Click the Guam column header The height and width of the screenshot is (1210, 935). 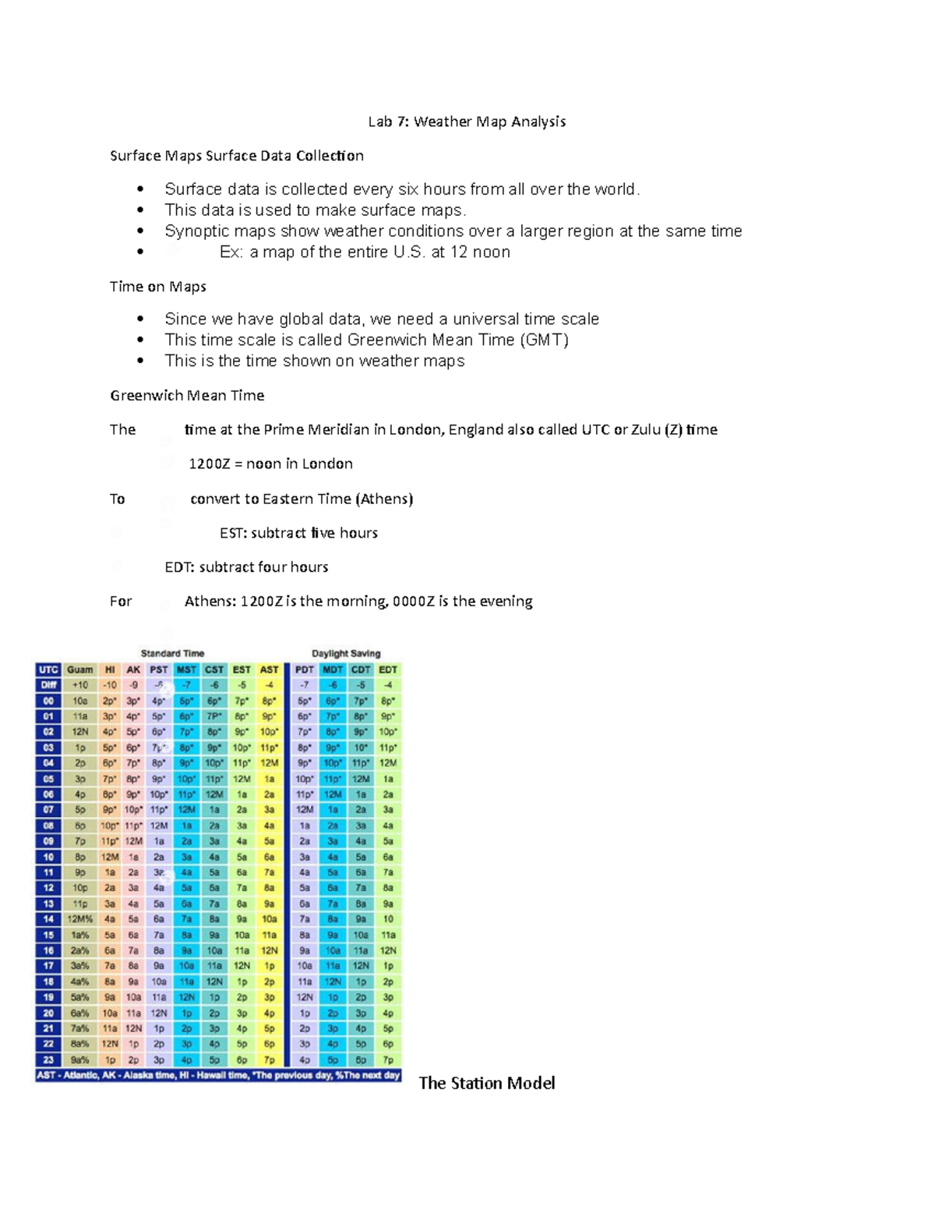coord(79,669)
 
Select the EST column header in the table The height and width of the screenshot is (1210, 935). coord(242,669)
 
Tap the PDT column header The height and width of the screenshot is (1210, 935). coord(304,669)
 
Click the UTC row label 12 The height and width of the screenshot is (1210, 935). coord(48,887)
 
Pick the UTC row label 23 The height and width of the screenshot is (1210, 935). coord(48,1060)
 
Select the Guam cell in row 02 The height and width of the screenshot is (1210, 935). coord(79,732)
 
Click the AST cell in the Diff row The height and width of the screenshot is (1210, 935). coord(269,685)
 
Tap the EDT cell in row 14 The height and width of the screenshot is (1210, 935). coord(388,919)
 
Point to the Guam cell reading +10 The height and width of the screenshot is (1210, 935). coord(79,685)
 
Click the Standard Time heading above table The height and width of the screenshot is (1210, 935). coord(172,653)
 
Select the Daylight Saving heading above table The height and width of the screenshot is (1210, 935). coord(346,653)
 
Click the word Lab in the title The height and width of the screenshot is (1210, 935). coord(379,122)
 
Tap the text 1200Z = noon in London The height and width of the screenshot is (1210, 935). coord(270,464)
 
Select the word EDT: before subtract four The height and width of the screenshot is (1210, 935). coord(179,567)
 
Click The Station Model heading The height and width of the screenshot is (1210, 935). coord(487,1083)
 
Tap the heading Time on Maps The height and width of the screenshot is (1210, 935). coord(158,287)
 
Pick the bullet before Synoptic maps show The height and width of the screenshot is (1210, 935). coord(140,231)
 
